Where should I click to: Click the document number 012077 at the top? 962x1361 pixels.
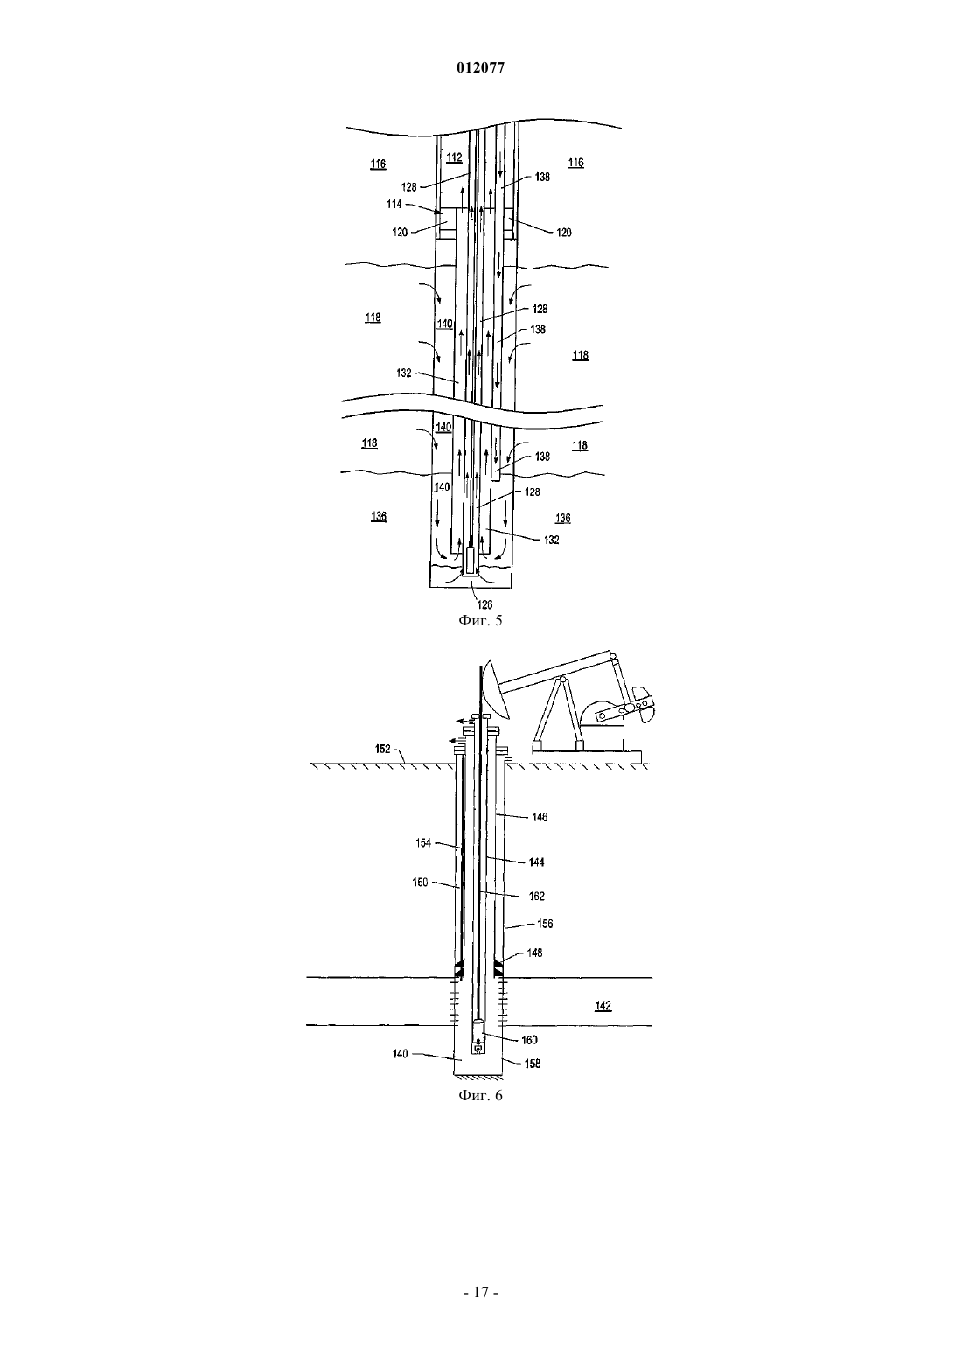[480, 68]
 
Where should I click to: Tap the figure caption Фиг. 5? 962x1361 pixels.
[480, 620]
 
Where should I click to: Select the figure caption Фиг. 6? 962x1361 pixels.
[480, 1095]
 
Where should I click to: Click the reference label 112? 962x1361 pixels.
[454, 158]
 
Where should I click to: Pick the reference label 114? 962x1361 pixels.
[394, 204]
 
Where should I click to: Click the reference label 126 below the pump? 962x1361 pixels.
[484, 604]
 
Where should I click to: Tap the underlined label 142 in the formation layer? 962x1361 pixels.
[603, 1006]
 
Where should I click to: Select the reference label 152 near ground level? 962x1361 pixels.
[383, 749]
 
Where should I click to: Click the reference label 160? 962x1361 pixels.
[530, 1040]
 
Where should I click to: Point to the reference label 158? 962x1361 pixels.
[533, 1064]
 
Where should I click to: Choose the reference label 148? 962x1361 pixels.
[534, 953]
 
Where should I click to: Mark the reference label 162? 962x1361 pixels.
[537, 897]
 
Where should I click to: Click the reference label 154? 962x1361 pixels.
[423, 842]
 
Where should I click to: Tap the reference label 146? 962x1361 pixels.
[540, 817]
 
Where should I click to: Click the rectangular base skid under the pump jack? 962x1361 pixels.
[587, 757]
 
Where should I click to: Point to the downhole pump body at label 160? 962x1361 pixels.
[478, 1037]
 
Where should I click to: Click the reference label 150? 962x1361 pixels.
[421, 883]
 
